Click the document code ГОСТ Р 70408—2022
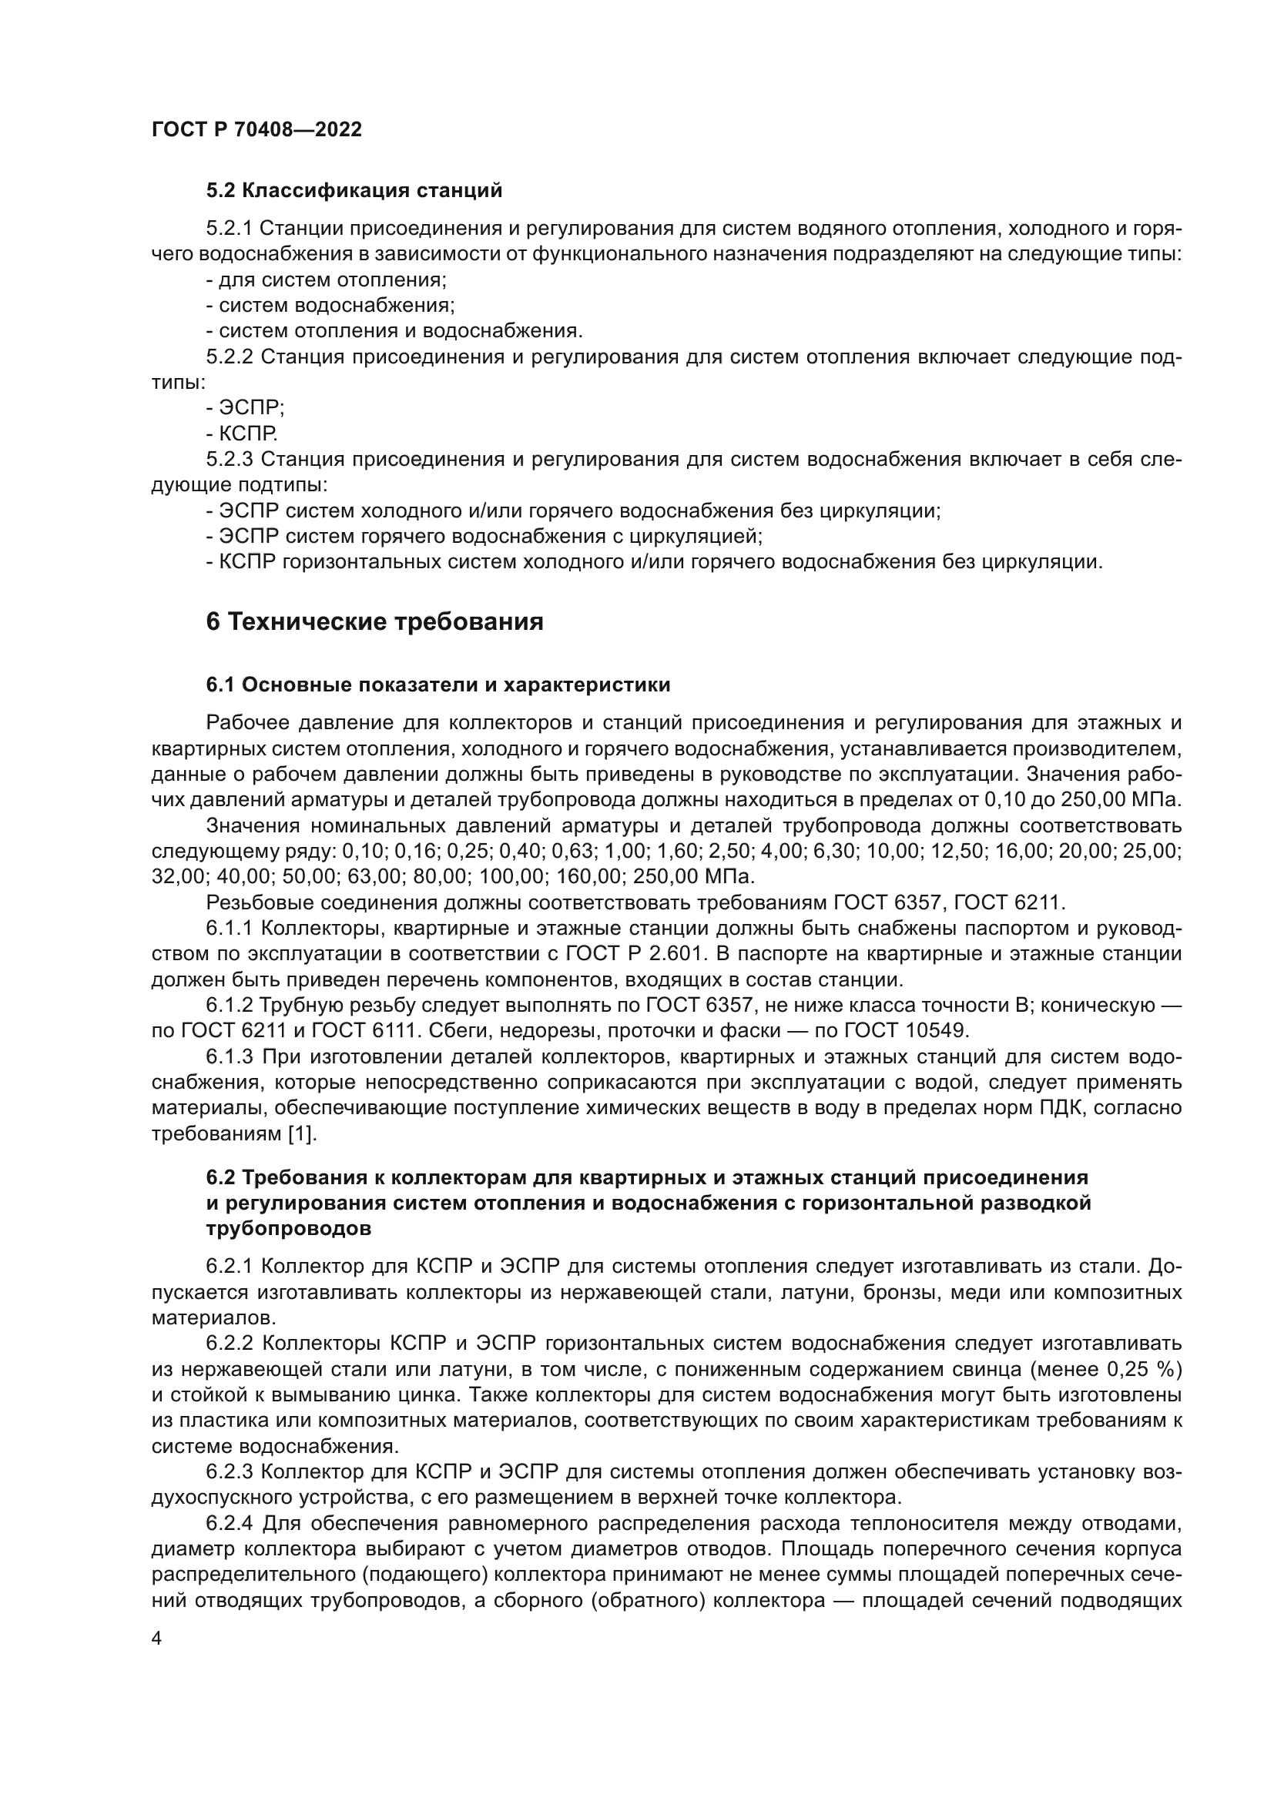(x=256, y=130)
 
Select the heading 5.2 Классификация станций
(x=354, y=191)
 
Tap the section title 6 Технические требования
(x=374, y=622)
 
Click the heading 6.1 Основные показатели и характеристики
(x=438, y=685)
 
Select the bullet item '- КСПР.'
(x=242, y=434)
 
